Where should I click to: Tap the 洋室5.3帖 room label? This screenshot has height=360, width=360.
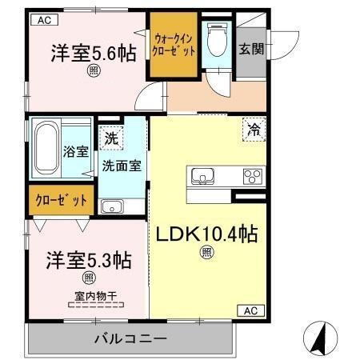(88, 260)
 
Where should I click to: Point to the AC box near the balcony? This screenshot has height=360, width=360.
(250, 310)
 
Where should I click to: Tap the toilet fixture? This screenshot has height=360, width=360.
(216, 40)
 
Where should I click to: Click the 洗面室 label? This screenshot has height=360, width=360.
(122, 166)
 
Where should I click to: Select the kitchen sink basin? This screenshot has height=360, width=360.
(202, 176)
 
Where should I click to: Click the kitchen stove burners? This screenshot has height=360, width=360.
(254, 176)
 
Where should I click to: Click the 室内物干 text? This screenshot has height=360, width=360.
(96, 295)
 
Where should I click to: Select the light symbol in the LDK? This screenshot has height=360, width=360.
(206, 254)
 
